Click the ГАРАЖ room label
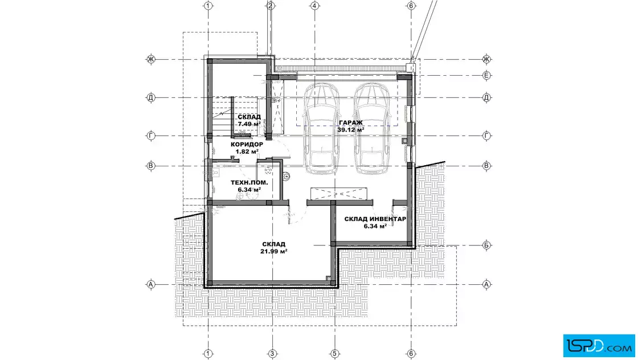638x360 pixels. (x=351, y=122)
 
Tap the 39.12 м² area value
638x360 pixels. (x=351, y=130)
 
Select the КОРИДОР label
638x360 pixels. (x=247, y=145)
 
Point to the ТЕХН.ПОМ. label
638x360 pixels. (x=250, y=183)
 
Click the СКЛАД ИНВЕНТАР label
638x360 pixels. (x=375, y=219)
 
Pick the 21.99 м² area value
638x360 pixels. (x=274, y=251)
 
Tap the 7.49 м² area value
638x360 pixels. (x=250, y=124)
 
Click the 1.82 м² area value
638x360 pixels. (x=247, y=152)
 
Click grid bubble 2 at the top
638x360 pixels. (x=271, y=6)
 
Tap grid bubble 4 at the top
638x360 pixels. (x=314, y=6)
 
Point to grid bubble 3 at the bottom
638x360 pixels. (x=272, y=354)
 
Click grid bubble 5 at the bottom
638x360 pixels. (x=334, y=354)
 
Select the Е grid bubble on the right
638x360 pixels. (x=486, y=75)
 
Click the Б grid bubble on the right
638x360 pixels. (x=486, y=246)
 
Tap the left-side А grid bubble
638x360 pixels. (x=151, y=284)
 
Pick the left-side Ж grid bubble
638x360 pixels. (x=151, y=59)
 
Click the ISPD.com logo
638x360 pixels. (x=599, y=346)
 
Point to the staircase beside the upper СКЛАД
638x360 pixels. (x=222, y=116)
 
